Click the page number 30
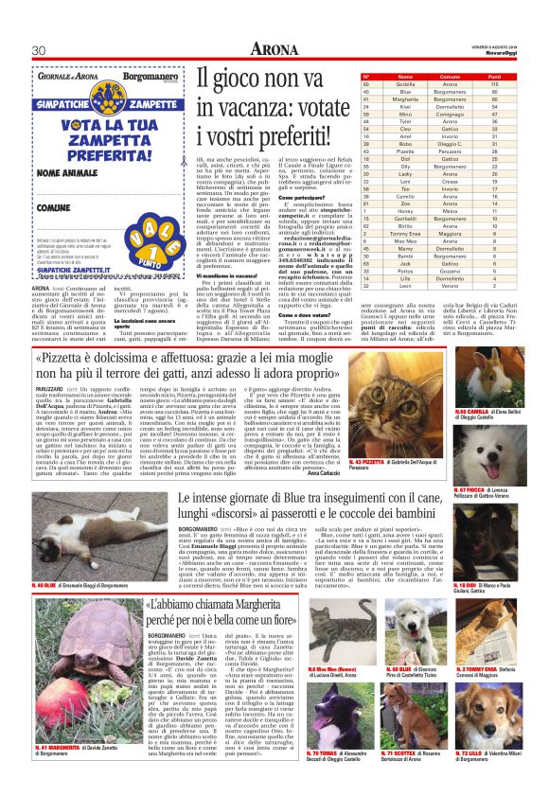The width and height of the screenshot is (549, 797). click(39, 49)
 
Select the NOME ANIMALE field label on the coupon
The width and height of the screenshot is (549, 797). click(68, 171)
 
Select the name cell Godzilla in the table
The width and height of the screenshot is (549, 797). click(405, 83)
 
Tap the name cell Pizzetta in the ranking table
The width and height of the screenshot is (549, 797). click(405, 151)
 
